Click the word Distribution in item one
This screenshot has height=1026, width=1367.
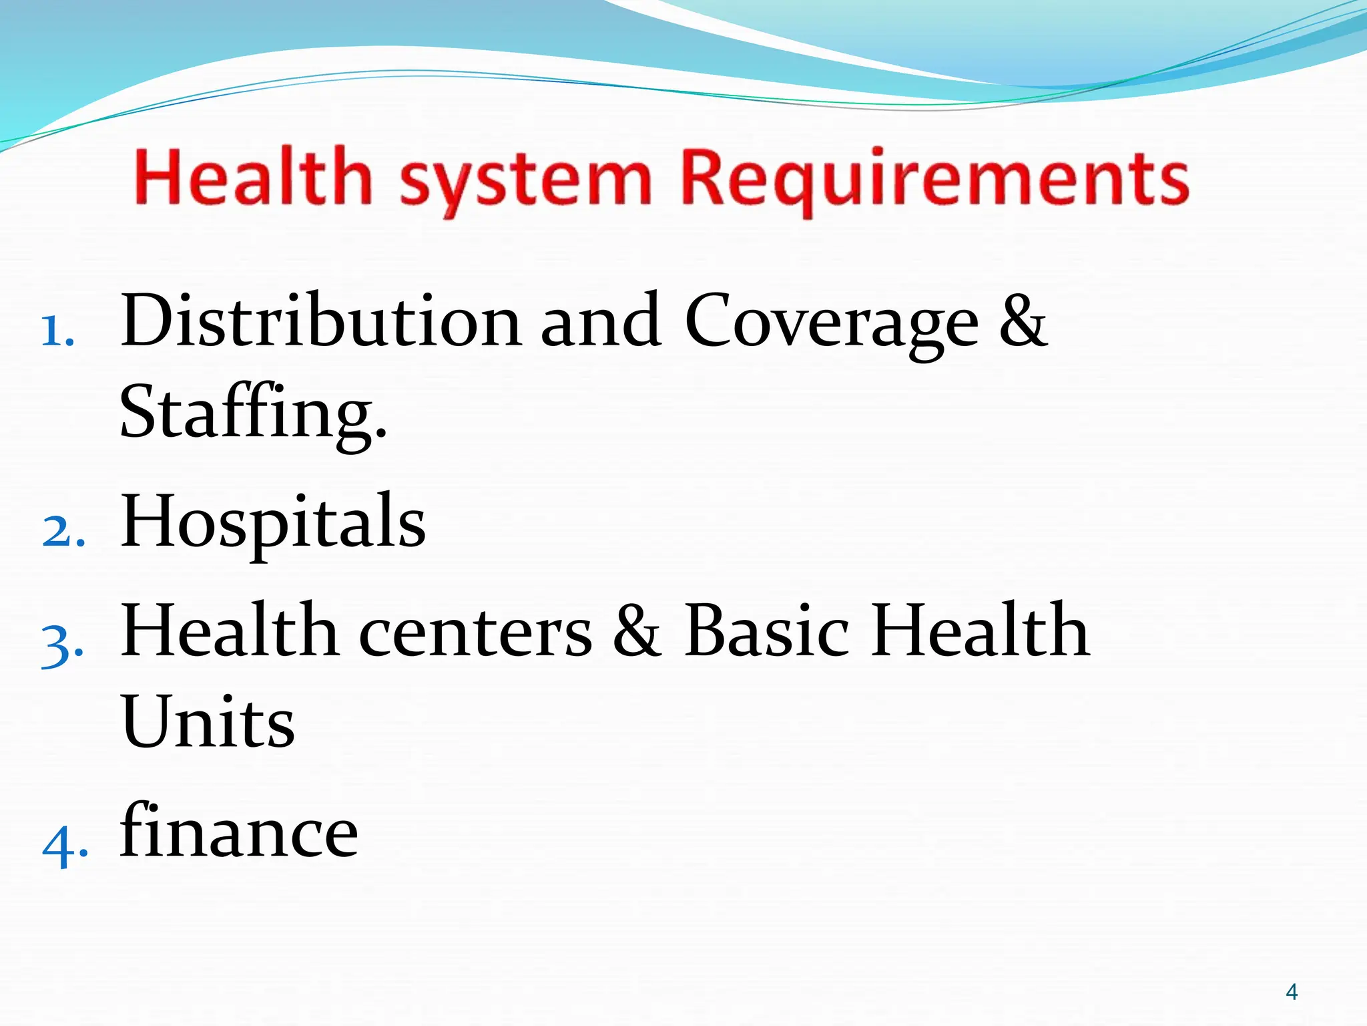320,321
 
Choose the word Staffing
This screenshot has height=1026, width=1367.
252,414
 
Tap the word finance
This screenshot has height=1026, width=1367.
239,832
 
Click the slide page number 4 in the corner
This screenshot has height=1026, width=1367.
1291,992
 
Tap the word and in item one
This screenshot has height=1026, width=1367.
601,321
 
